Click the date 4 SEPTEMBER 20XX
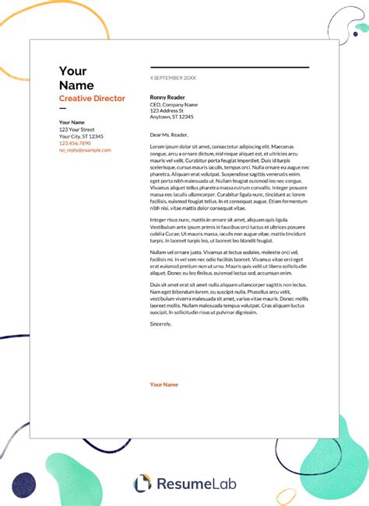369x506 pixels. (172, 79)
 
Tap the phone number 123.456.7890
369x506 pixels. (75, 143)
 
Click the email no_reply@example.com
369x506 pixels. (85, 150)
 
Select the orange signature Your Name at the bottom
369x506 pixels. (164, 385)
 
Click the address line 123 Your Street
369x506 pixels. (76, 129)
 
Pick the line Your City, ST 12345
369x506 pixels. (81, 136)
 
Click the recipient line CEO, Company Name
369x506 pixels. (174, 104)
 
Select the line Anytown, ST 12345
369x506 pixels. (171, 117)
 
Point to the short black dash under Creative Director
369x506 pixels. (63, 110)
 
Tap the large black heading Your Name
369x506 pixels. (76, 78)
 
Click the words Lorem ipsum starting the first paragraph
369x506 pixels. (165, 147)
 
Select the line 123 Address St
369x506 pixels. (167, 111)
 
